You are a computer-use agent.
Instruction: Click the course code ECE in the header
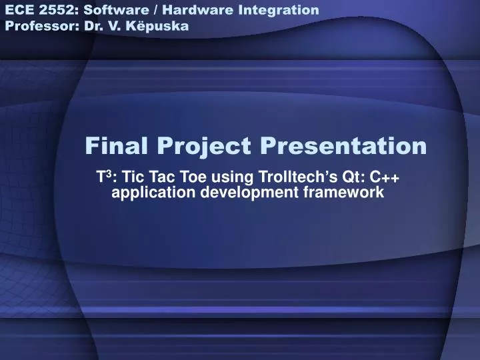pyautogui.click(x=19, y=10)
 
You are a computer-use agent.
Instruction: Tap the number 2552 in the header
pyautogui.click(x=53, y=10)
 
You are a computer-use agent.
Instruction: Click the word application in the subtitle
pyautogui.click(x=147, y=193)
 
